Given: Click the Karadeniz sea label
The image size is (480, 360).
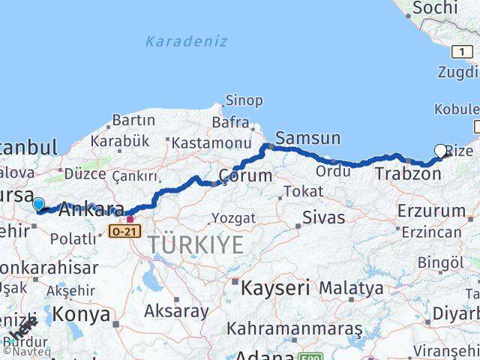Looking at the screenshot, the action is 186,41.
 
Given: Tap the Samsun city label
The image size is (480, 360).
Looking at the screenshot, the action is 307,138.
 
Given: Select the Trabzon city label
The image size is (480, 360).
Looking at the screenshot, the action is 408,173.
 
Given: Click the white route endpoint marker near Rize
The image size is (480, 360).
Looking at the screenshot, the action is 441,151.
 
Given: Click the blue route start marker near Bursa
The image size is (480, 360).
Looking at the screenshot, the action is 38,203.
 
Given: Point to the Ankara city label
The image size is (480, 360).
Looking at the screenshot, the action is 90,209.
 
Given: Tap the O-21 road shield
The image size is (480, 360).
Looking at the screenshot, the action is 124,232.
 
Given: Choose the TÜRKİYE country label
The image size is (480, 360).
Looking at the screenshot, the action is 195,244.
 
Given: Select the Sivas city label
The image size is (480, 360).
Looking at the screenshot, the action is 323,217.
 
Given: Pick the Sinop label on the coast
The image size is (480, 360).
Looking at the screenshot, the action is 244,100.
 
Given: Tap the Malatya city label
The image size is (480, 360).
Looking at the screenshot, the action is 351,288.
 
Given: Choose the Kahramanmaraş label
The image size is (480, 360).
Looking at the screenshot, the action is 295,328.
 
